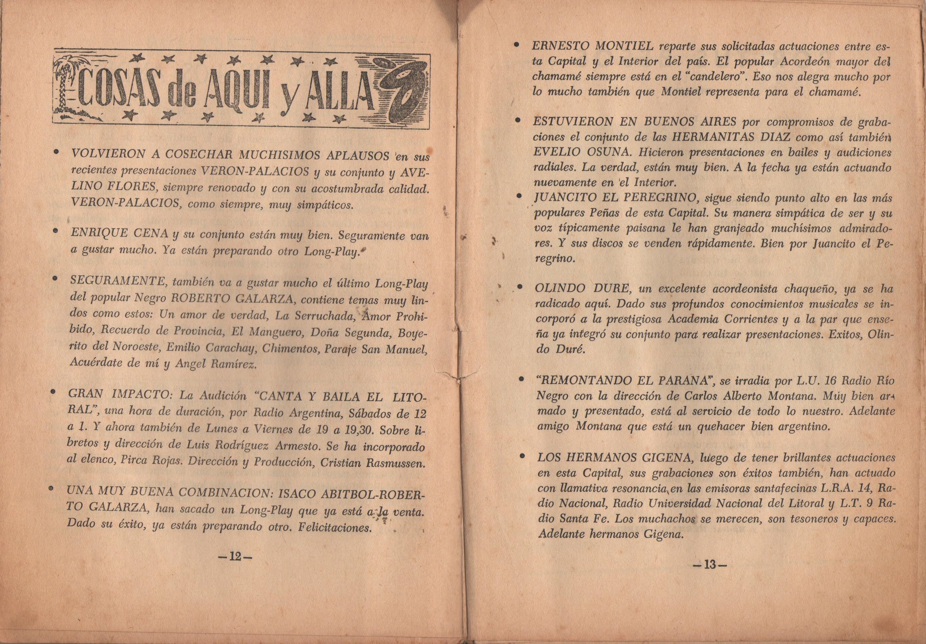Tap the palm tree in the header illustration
click(65, 87)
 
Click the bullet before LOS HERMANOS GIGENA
click(522, 456)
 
